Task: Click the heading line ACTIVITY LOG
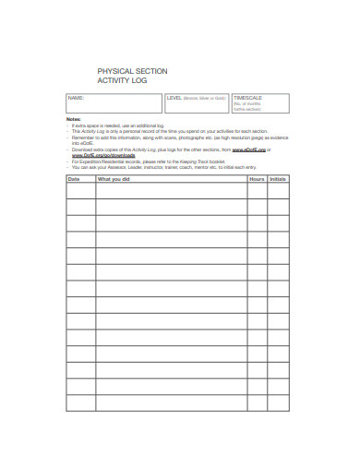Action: pyautogui.click(x=122, y=80)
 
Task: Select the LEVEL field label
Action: pyautogui.click(x=174, y=97)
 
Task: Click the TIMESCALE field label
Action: pyautogui.click(x=249, y=97)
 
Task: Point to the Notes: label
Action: pyautogui.click(x=74, y=120)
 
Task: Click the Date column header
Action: pyautogui.click(x=75, y=179)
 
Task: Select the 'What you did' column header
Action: pyautogui.click(x=114, y=179)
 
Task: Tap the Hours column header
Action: pyautogui.click(x=257, y=179)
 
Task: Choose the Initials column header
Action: pyautogui.click(x=278, y=179)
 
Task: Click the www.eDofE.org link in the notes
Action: pyautogui.click(x=248, y=148)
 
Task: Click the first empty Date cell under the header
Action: pyautogui.click(x=79, y=191)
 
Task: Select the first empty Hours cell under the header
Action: pyautogui.click(x=257, y=191)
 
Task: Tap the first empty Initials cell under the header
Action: pyautogui.click(x=278, y=191)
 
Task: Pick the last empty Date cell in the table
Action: pyautogui.click(x=79, y=402)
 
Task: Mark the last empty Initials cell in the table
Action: pyautogui.click(x=278, y=402)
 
